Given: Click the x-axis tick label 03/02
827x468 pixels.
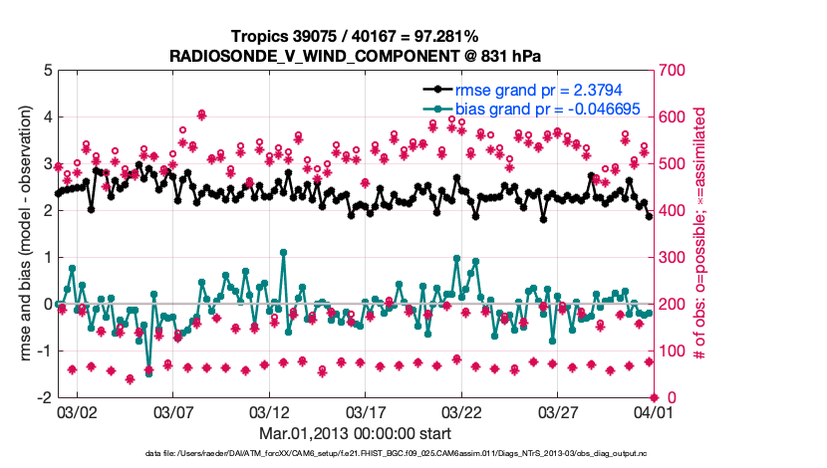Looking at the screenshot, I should (x=77, y=411).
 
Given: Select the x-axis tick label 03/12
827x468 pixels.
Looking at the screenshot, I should (x=269, y=411).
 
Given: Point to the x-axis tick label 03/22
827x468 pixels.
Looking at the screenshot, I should (x=461, y=411).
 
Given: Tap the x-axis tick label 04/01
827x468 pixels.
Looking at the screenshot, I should (x=654, y=411).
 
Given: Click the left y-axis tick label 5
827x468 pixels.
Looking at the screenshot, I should (x=46, y=71).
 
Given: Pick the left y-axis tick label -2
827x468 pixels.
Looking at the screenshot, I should (x=43, y=398).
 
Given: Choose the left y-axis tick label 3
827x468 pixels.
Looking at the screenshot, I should (x=46, y=164).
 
